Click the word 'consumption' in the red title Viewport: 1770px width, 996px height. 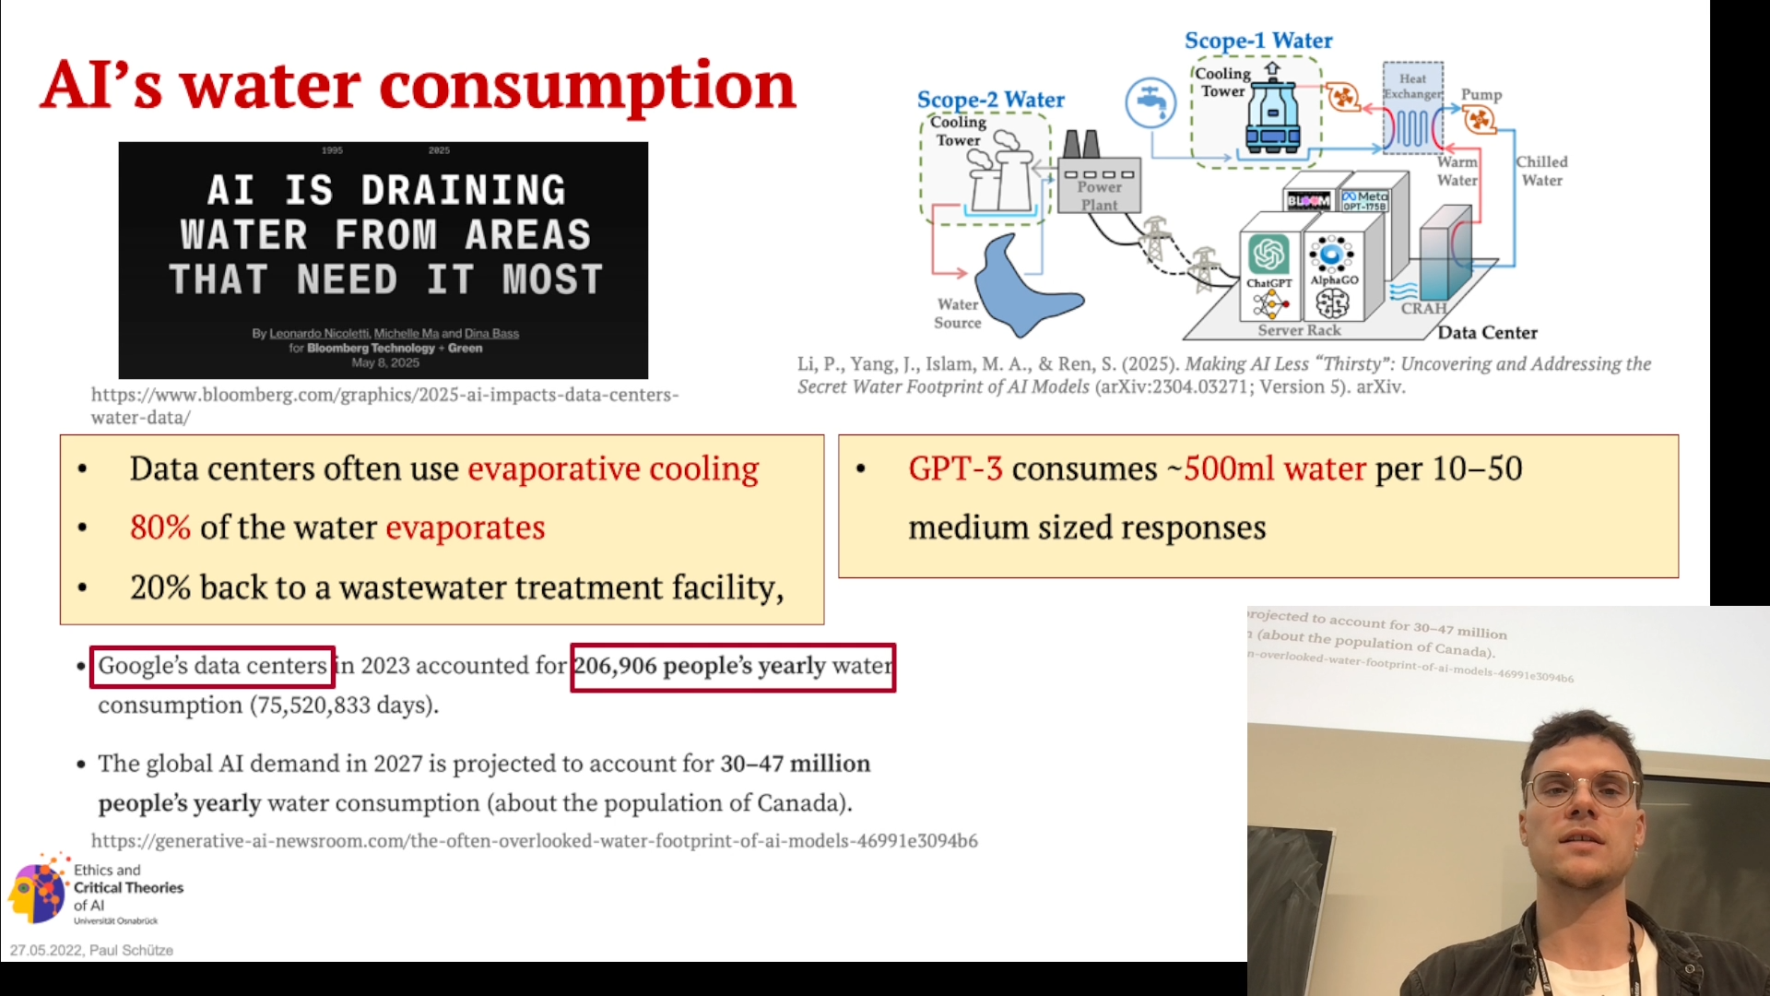(x=587, y=86)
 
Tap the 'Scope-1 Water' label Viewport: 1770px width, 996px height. (x=1258, y=41)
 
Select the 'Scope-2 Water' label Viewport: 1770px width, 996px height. (x=990, y=100)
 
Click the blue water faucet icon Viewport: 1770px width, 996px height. (x=1150, y=101)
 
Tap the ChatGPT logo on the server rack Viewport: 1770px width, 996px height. (x=1268, y=255)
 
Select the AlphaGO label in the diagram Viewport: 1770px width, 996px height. (x=1334, y=280)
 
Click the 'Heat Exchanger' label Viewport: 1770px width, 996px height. (x=1412, y=86)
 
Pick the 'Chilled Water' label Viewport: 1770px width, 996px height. (x=1541, y=171)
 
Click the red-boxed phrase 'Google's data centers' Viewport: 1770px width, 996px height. (x=212, y=666)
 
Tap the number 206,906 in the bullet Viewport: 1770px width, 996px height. (x=615, y=666)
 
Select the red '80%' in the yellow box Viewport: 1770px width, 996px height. (x=160, y=528)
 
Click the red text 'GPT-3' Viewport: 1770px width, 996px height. (x=955, y=468)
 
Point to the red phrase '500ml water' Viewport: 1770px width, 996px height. (x=1275, y=468)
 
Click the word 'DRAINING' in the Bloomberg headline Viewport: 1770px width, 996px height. (x=463, y=190)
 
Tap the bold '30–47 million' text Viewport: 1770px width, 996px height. (x=796, y=764)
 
